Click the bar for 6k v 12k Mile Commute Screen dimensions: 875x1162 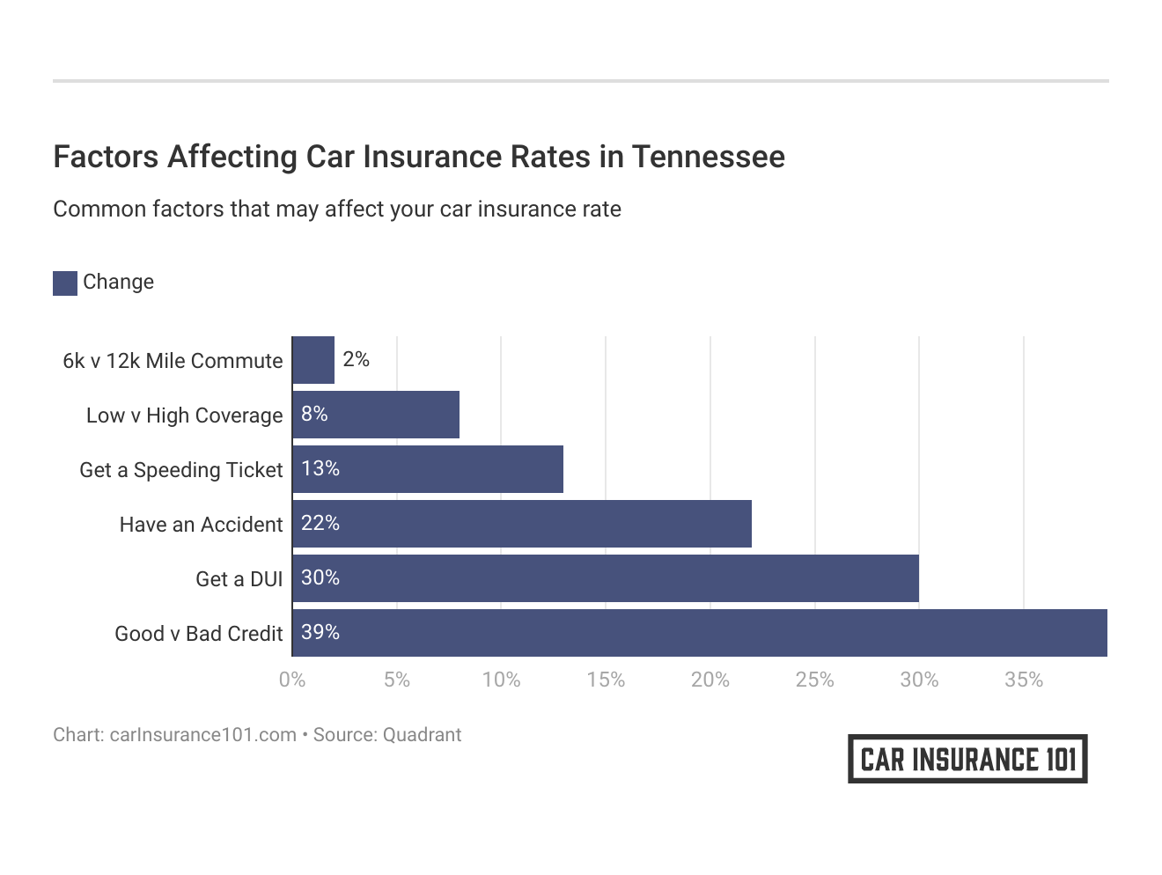click(313, 360)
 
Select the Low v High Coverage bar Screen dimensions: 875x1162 click(376, 415)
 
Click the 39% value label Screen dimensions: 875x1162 click(320, 632)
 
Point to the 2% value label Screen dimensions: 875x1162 click(356, 359)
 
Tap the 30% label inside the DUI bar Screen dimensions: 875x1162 click(320, 577)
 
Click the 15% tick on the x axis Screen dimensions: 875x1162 click(606, 680)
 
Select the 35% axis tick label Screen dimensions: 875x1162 click(1024, 680)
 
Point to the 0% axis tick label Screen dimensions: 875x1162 click(292, 680)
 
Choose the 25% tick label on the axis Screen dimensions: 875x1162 click(814, 680)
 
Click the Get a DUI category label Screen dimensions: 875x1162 click(239, 579)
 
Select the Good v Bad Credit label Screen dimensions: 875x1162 click(199, 634)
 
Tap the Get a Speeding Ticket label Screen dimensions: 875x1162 click(181, 470)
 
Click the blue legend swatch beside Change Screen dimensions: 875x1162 click(65, 283)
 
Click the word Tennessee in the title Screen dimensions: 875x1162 click(708, 157)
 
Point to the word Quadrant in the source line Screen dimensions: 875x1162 click(423, 735)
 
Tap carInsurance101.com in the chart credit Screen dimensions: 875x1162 click(202, 735)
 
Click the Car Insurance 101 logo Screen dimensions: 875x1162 click(967, 759)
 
